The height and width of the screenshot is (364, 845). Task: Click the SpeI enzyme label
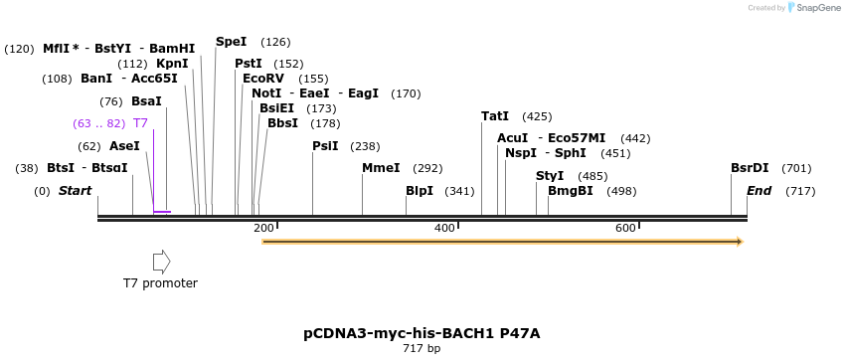pos(231,42)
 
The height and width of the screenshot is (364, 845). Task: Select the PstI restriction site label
pos(249,64)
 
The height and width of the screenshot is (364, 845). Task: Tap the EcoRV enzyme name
pos(263,79)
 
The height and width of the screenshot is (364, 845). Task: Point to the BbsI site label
pos(282,123)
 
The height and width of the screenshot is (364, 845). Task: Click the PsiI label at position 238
pos(325,146)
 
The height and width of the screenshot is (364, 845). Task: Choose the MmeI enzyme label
pos(381,168)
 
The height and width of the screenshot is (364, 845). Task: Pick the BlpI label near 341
pos(420,191)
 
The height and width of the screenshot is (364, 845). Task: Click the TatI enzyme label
pos(495,116)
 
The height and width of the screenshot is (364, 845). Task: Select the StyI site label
pos(550,176)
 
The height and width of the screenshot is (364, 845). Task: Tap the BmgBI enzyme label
pos(571,191)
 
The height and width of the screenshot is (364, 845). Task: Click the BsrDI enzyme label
pos(750,168)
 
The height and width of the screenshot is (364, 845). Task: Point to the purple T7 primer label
pos(140,123)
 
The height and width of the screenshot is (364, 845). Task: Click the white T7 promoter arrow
pos(161,262)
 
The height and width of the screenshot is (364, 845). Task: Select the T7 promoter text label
pos(160,283)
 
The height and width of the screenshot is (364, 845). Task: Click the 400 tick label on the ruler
pos(444,229)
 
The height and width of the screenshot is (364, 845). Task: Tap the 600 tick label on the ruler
pos(625,229)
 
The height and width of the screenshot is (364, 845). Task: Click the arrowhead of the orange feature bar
pos(739,242)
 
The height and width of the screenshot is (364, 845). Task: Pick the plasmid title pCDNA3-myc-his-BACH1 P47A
pos(422,333)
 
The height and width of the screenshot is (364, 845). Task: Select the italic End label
pos(759,191)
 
